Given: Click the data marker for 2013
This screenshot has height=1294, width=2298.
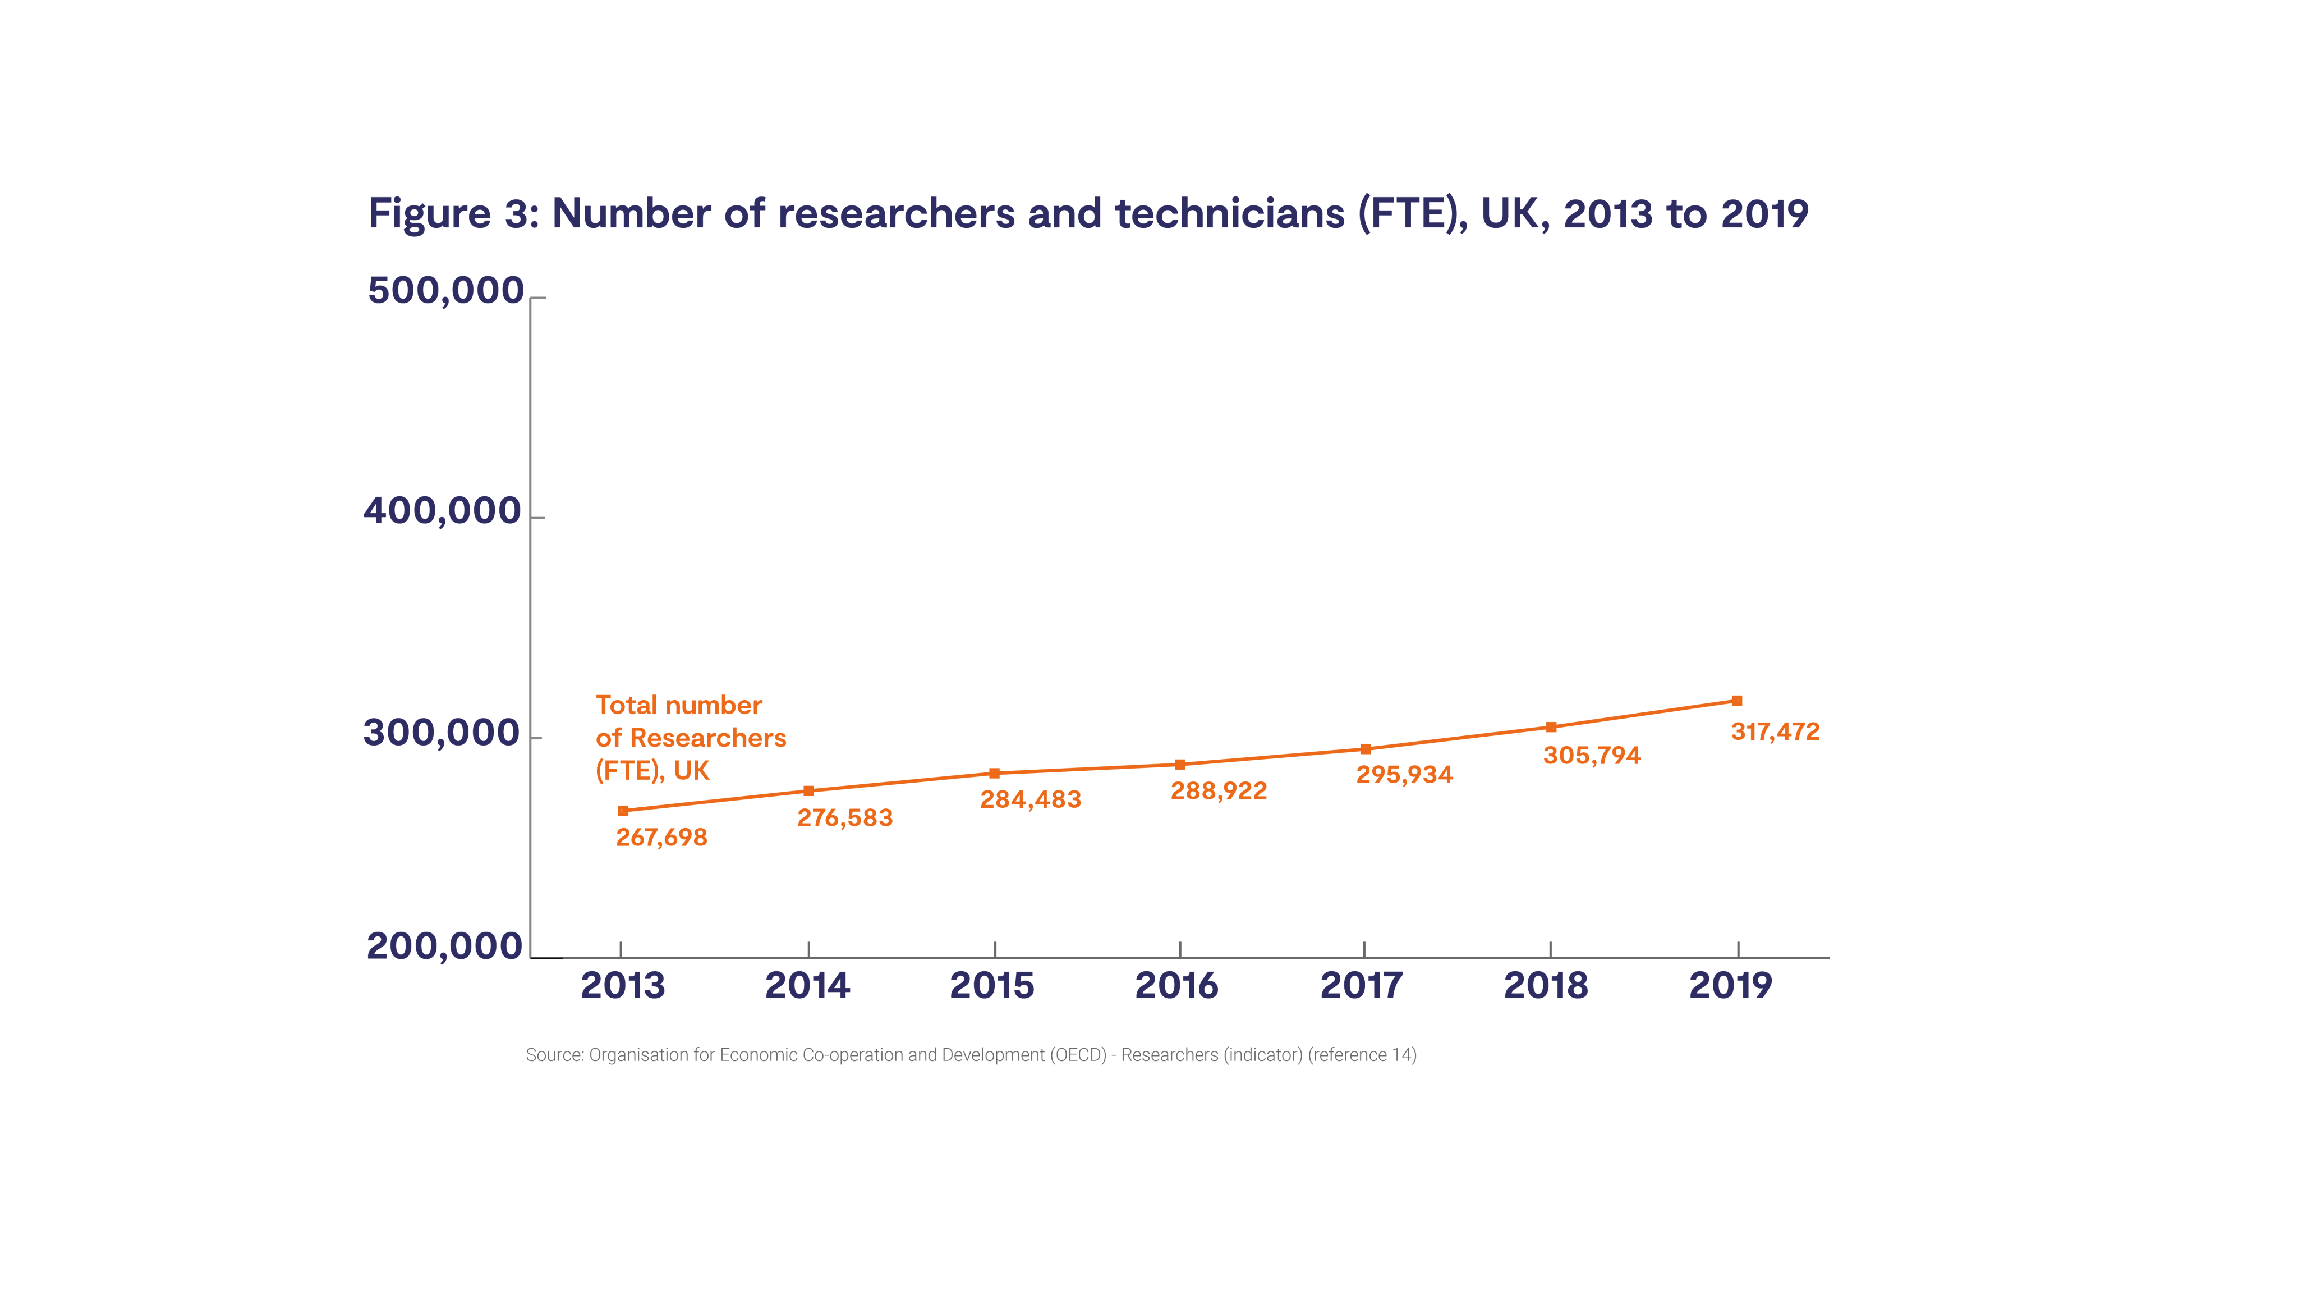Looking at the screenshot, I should [623, 810].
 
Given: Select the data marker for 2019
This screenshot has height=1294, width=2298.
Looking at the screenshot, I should [1736, 701].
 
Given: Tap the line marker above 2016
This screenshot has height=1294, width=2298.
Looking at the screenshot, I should [1179, 764].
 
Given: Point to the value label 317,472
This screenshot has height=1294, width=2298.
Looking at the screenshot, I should [1775, 732].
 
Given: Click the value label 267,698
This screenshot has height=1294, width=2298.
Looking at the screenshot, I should [661, 837].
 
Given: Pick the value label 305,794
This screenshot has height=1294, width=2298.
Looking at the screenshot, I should [1592, 756].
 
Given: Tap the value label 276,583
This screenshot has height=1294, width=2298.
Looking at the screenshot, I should [844, 817].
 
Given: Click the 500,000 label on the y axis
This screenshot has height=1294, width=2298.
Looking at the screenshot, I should [445, 291].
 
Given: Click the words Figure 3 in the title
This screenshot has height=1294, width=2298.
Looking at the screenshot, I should [452, 214].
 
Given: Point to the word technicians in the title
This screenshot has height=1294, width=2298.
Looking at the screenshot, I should [1229, 214].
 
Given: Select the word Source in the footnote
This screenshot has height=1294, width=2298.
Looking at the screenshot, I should [553, 1055].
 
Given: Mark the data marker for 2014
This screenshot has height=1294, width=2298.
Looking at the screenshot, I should [808, 790].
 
